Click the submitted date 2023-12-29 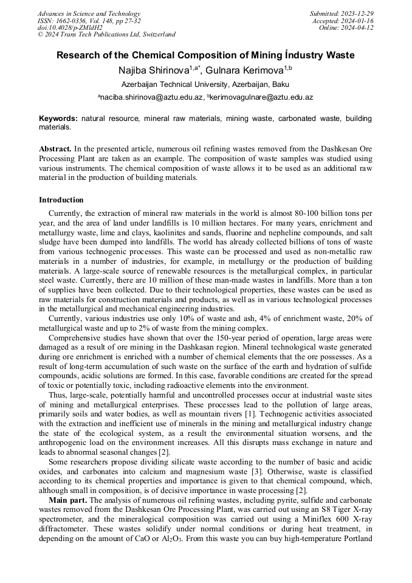click(x=357, y=13)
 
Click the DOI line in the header click(x=70, y=27)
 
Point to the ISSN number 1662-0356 click(x=71, y=21)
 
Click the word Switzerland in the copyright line click(x=155, y=35)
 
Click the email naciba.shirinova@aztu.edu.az click(x=152, y=97)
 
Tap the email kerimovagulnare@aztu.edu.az click(x=263, y=97)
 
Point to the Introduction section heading click(x=61, y=200)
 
